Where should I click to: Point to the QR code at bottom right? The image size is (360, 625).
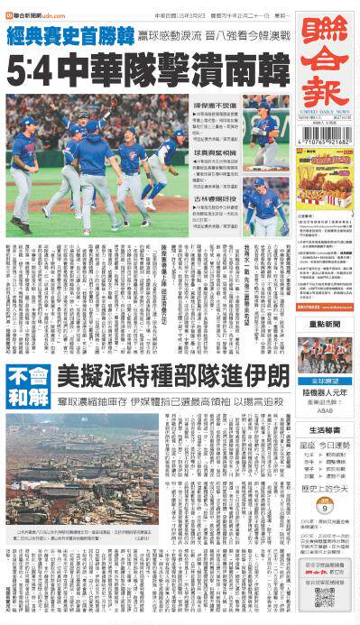[x=324, y=598]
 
